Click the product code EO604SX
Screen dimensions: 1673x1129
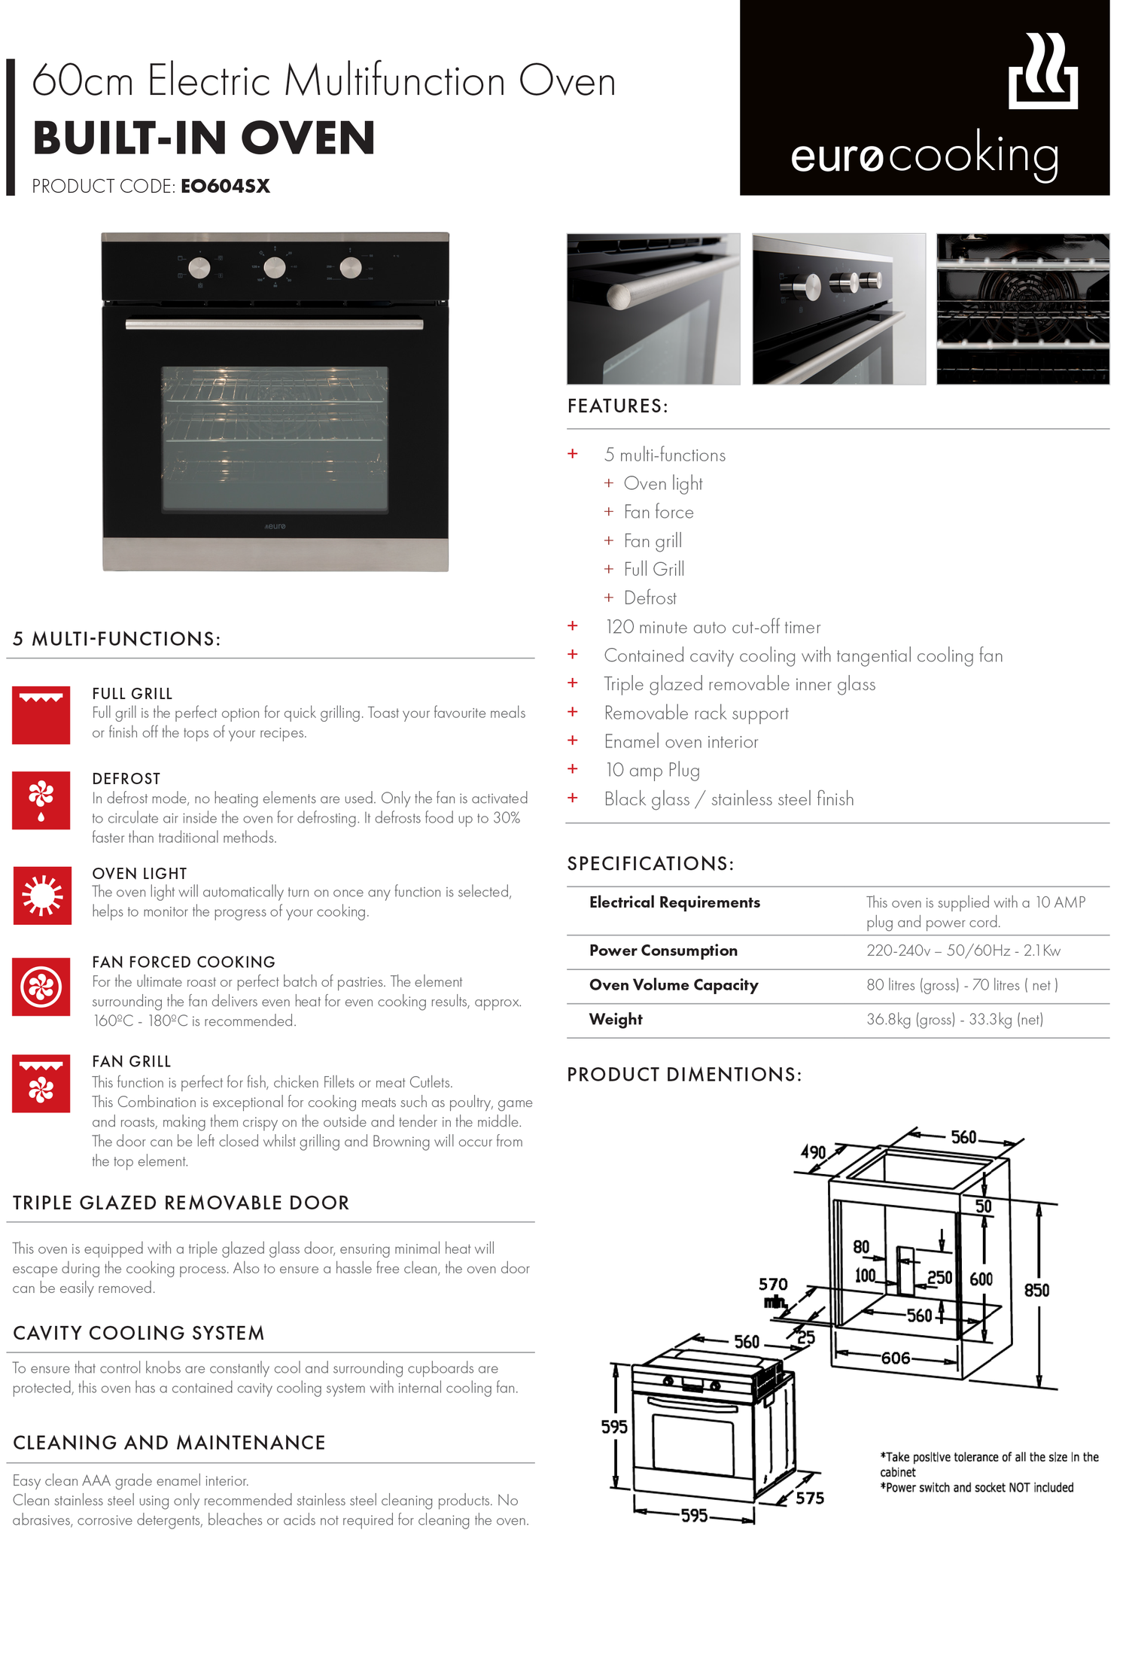click(225, 186)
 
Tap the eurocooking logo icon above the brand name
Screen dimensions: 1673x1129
click(1042, 71)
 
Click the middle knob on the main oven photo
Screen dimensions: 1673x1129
click(275, 267)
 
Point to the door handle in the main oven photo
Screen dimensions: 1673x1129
click(274, 324)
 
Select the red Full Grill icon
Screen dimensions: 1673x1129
click(41, 715)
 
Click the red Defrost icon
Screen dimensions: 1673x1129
click(41, 800)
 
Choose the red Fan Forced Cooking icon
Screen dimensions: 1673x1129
click(41, 987)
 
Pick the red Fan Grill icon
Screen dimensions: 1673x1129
click(41, 1084)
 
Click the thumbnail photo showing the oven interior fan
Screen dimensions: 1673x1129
click(1022, 309)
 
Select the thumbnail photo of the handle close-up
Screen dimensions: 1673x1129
click(653, 309)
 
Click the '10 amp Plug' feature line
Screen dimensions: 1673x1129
click(653, 770)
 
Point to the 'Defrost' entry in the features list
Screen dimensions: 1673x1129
click(650, 598)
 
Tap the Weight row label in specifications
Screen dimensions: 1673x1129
click(616, 1020)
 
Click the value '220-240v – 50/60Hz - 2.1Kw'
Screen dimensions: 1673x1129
click(963, 951)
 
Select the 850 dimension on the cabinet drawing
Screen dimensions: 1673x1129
click(1036, 1290)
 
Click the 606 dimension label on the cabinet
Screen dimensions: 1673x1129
click(896, 1358)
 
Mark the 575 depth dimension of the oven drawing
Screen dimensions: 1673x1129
click(810, 1498)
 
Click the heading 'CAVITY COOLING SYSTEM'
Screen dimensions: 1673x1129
click(138, 1333)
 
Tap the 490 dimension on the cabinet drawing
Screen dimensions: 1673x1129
click(813, 1152)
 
